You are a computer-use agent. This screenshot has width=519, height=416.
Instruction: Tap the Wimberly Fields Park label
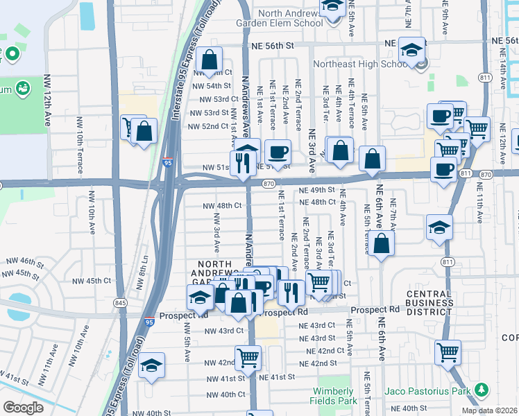(338, 395)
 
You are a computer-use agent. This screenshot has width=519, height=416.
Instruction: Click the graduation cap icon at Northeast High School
(412, 50)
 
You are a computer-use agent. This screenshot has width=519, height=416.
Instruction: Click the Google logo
(23, 407)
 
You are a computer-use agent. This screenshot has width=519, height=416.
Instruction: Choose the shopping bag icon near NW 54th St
(209, 60)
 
